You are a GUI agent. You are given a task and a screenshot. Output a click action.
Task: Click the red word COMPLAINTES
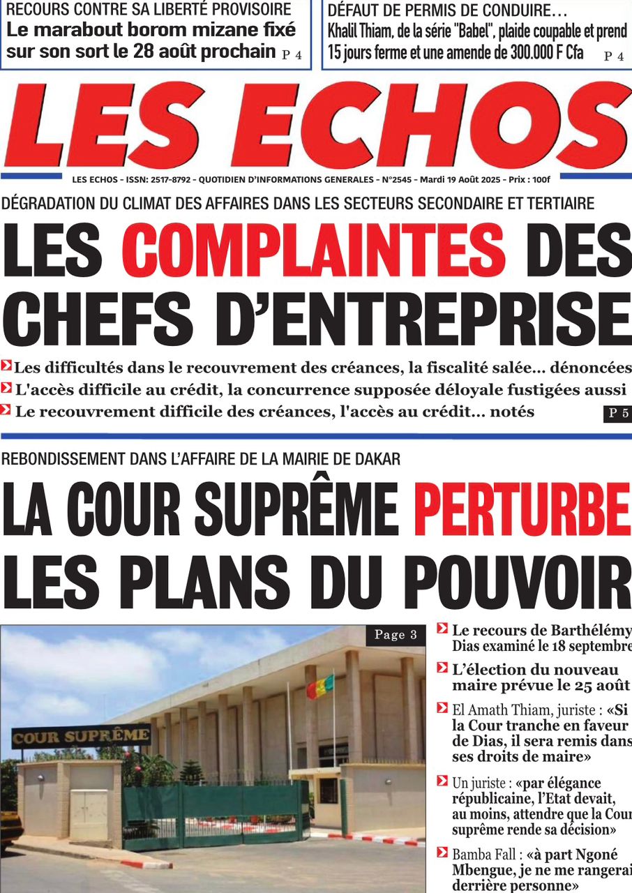[313, 249]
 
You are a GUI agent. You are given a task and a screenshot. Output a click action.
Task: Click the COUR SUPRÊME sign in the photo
[81, 736]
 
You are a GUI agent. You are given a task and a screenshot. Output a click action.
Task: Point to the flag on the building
[319, 686]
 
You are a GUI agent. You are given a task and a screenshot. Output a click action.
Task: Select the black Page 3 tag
[396, 635]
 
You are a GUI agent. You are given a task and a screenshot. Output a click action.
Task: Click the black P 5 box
[617, 413]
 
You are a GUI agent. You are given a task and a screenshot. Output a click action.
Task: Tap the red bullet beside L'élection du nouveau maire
[442, 668]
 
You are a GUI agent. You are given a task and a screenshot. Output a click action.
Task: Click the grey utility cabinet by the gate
[89, 814]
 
